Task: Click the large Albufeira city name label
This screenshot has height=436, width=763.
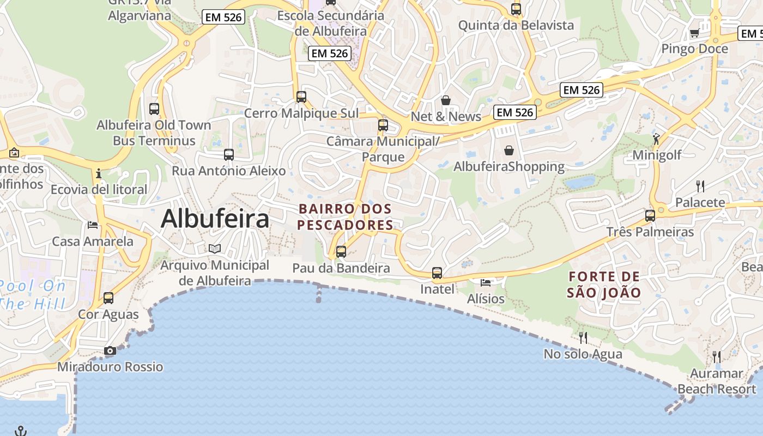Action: tap(215, 219)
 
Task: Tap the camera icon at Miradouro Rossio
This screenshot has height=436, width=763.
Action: tap(110, 351)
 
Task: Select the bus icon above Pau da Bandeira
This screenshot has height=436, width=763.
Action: tap(341, 252)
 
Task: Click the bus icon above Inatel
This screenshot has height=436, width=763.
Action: tap(437, 272)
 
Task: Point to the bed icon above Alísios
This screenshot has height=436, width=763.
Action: tap(486, 282)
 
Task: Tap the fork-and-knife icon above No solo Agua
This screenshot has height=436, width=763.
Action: tap(583, 338)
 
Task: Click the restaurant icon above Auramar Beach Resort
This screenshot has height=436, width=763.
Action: tap(717, 357)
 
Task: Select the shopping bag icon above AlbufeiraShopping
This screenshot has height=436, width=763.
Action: tap(509, 150)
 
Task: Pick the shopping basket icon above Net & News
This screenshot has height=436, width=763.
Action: tap(446, 100)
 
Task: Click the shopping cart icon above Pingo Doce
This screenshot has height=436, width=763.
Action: tap(694, 33)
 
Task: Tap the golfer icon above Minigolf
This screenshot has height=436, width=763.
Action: tap(656, 139)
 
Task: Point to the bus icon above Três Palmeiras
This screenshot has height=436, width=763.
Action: tap(650, 216)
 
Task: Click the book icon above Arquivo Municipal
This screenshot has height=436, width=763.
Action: tap(215, 249)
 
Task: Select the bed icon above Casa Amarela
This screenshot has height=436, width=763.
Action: tap(93, 225)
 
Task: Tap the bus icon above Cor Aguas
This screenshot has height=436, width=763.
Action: tap(108, 298)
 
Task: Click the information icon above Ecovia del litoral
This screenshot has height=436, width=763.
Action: tap(99, 174)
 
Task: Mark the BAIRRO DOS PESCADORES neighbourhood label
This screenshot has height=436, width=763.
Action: tap(346, 217)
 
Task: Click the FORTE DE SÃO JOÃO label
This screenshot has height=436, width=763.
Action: tap(604, 284)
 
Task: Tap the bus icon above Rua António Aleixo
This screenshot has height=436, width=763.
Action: tap(229, 155)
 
